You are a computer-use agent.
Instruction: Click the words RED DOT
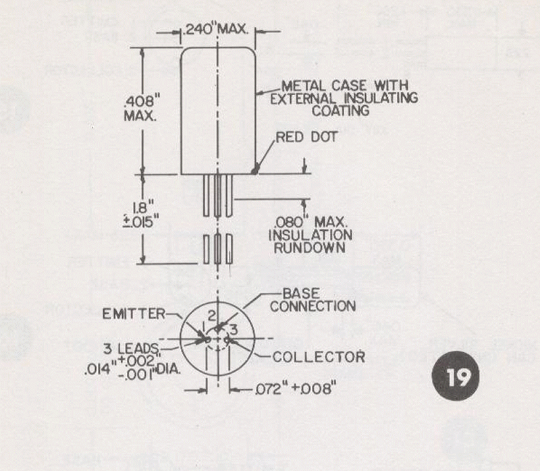pos(306,137)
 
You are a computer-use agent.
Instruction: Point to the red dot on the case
pos(254,171)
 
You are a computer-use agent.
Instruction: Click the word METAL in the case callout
pos(301,86)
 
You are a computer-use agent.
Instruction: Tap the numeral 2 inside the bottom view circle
pos(211,315)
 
